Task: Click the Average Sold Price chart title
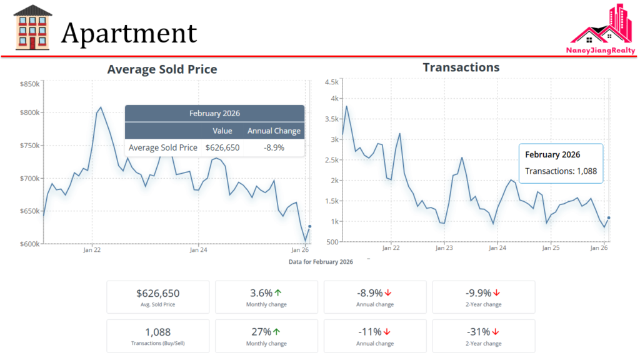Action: click(162, 69)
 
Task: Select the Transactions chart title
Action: click(461, 67)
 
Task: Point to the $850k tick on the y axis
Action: click(29, 84)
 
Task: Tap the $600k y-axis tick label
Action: click(29, 244)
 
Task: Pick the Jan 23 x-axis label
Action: click(444, 248)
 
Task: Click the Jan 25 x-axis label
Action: click(551, 248)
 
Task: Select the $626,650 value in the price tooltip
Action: click(222, 147)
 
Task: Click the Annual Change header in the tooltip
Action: click(274, 131)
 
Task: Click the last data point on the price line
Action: click(310, 226)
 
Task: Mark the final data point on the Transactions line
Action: click(609, 217)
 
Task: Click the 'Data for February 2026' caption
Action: click(321, 262)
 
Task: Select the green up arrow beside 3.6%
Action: click(277, 292)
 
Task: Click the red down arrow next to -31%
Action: click(496, 331)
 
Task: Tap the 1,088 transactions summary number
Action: click(157, 332)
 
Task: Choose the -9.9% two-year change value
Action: click(478, 293)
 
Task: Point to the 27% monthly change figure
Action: click(261, 332)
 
